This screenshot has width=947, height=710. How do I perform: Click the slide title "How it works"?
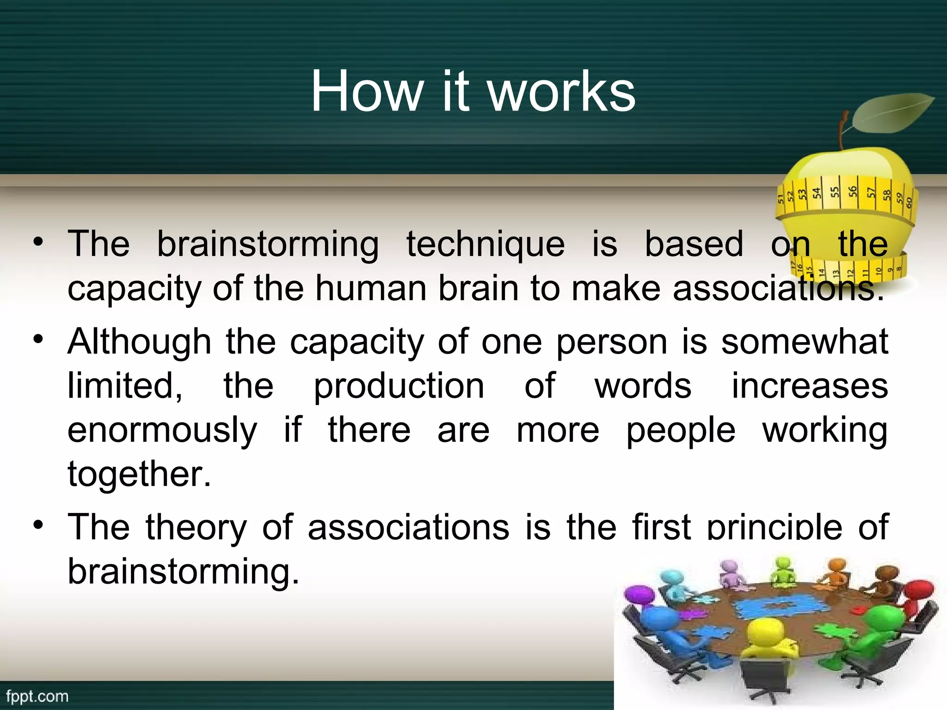(x=473, y=91)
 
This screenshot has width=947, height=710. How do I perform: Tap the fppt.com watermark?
(x=37, y=697)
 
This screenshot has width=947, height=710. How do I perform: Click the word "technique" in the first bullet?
(x=485, y=245)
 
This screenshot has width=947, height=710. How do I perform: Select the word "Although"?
(x=139, y=343)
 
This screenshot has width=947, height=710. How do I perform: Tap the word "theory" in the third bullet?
(x=196, y=528)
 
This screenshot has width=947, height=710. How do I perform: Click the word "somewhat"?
(x=805, y=343)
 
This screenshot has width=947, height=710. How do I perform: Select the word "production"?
(x=399, y=386)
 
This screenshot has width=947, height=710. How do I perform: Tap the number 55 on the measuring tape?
(x=834, y=192)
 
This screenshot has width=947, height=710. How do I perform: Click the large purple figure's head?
(x=638, y=594)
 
